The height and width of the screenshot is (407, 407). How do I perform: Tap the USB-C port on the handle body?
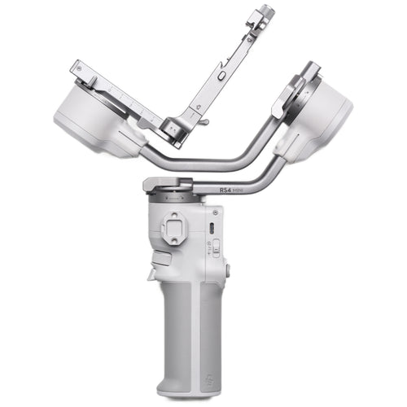(x=212, y=228)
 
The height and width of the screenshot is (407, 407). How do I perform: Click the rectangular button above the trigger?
(x=161, y=260)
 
